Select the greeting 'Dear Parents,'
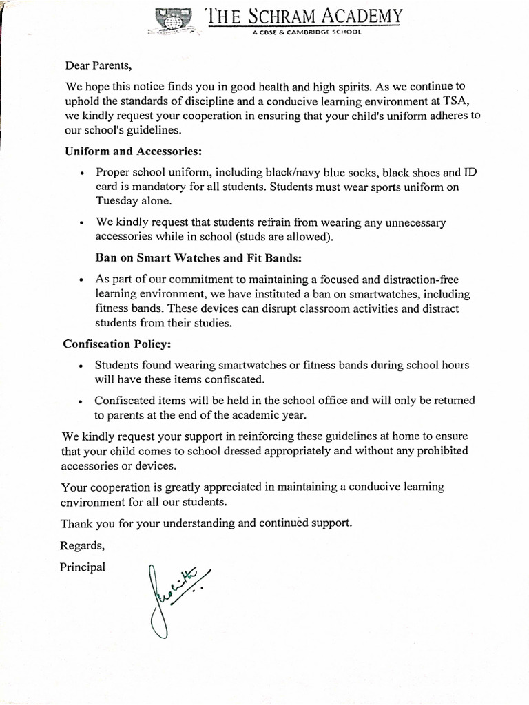[97, 66]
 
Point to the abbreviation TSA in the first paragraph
[453, 101]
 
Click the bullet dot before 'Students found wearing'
[82, 366]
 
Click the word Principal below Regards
[83, 567]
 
